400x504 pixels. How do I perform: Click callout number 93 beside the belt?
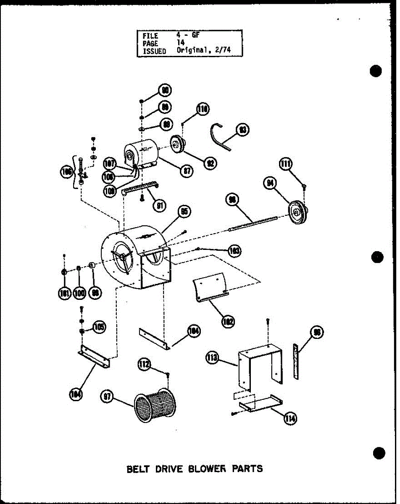242,130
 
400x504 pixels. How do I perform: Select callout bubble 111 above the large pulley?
287,165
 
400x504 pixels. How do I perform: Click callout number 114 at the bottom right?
290,418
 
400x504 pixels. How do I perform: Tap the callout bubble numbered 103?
234,251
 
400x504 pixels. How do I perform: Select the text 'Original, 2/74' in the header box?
204,50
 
